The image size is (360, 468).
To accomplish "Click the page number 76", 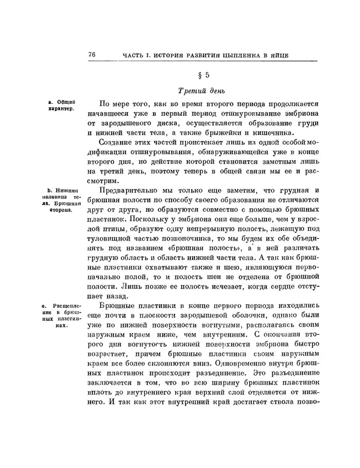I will (x=91, y=55).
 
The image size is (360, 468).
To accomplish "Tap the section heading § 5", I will (x=203, y=76).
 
